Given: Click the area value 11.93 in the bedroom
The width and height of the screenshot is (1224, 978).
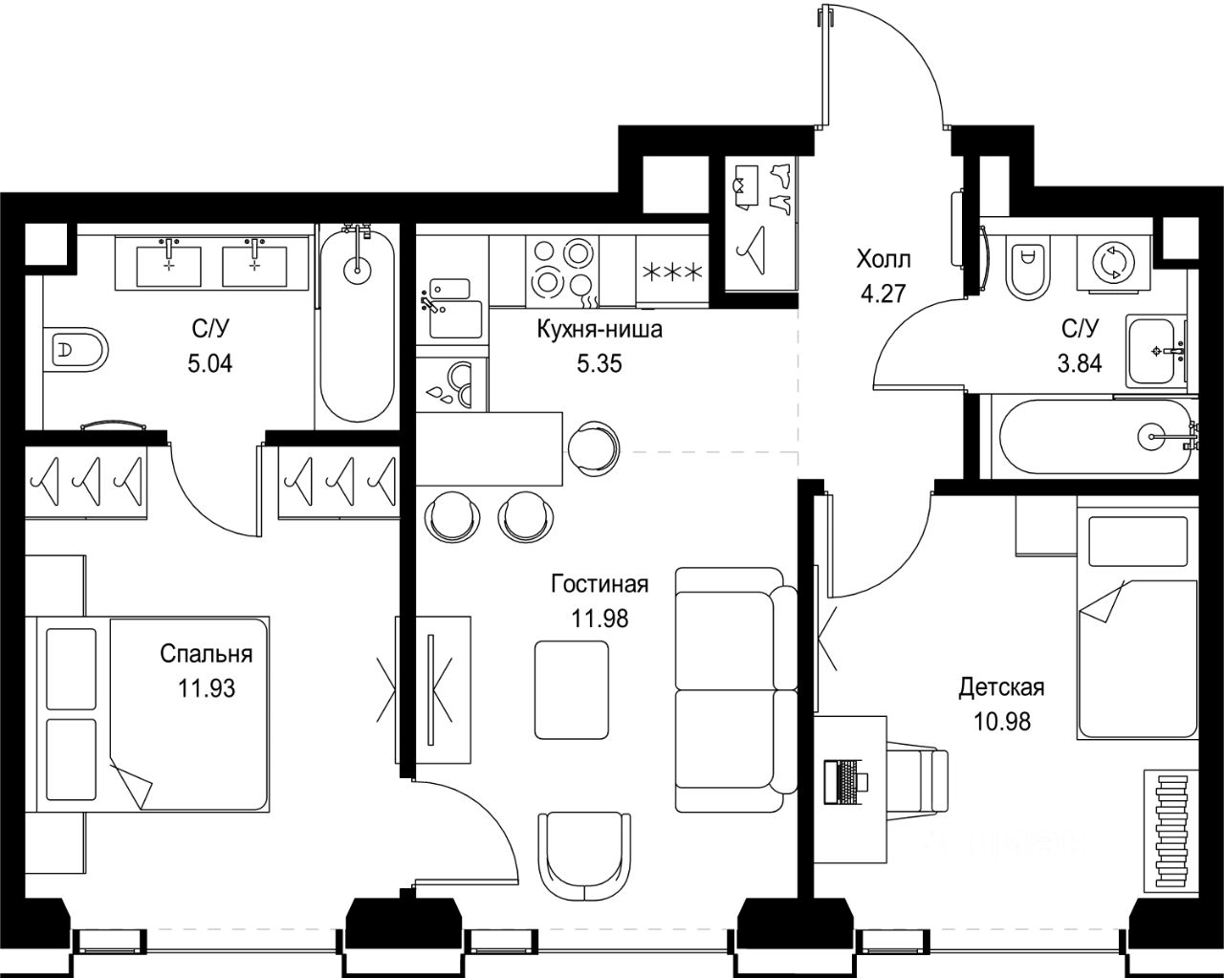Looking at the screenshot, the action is [207, 688].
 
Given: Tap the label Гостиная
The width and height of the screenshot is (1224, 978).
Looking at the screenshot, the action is [600, 584].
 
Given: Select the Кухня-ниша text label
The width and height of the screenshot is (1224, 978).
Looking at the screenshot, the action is [600, 330].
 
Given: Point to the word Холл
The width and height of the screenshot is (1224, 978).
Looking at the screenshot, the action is [884, 260].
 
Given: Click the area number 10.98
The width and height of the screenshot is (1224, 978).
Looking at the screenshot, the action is [1002, 722].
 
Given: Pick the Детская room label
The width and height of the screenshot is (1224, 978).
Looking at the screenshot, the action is [1001, 687].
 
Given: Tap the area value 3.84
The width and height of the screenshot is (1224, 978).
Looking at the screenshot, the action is [1080, 363].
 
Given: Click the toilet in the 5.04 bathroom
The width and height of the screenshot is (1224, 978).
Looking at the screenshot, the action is [76, 349].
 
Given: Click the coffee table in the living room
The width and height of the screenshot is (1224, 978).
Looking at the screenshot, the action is [572, 689].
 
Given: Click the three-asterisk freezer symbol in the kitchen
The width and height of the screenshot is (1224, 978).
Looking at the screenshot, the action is [672, 272].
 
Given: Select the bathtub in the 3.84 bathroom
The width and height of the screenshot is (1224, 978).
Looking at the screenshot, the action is [1094, 437].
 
